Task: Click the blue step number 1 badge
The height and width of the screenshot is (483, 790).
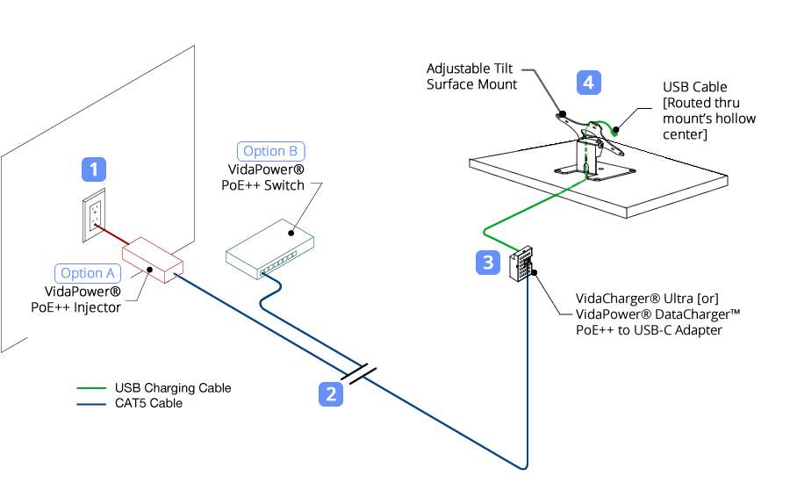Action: click(94, 169)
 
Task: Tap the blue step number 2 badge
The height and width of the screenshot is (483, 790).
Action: click(330, 394)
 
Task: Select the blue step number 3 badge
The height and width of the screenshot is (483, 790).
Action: click(489, 261)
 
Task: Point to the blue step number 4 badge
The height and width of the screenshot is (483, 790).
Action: click(589, 83)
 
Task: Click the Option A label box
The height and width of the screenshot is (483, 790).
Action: click(87, 272)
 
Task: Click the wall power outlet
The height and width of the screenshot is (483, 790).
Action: click(94, 214)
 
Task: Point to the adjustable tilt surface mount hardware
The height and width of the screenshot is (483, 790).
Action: click(588, 141)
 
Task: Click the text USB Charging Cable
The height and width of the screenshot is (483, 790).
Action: click(173, 387)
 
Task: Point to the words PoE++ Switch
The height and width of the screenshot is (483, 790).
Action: click(266, 184)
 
